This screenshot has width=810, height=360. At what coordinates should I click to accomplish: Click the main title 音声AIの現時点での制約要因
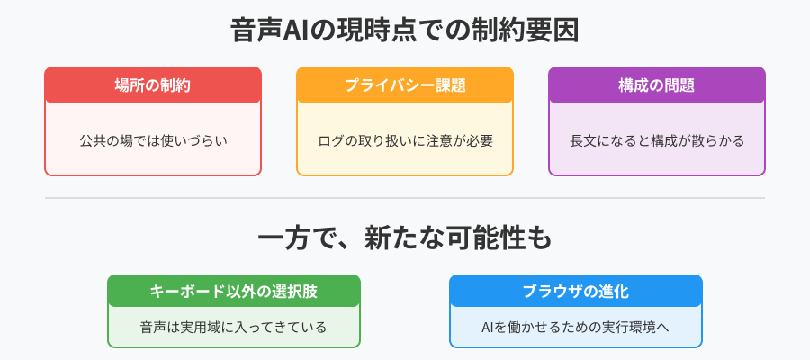tap(405, 31)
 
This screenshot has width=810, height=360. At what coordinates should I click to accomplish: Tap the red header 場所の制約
tap(153, 85)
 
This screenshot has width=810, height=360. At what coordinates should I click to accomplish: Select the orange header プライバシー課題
tap(405, 85)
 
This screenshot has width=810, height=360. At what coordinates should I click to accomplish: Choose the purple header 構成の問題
tap(657, 85)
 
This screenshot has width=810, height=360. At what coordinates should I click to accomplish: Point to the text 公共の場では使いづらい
tap(153, 140)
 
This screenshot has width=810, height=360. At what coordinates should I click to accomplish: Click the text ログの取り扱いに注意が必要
tap(405, 140)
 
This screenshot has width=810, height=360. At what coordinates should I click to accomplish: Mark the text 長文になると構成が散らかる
tap(657, 140)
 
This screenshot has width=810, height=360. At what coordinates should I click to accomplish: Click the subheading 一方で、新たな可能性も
tap(405, 239)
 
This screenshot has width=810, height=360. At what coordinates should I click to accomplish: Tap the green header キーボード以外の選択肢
tap(233, 292)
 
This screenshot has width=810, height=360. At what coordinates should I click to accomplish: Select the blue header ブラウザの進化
tap(575, 292)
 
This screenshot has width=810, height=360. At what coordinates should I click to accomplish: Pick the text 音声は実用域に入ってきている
tap(233, 327)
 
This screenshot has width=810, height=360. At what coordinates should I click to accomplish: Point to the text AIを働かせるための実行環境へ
tap(575, 327)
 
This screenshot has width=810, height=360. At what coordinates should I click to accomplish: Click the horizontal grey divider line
tap(405, 198)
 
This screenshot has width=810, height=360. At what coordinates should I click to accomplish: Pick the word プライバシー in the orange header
tap(385, 85)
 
